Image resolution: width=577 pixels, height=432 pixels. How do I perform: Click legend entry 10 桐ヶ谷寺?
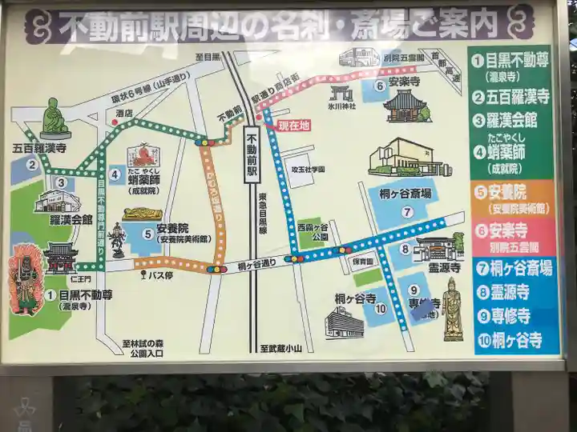(x=510, y=340)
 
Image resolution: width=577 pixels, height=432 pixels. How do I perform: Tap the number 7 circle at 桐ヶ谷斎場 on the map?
(x=407, y=212)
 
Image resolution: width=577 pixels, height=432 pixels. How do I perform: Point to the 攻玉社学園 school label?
(x=308, y=170)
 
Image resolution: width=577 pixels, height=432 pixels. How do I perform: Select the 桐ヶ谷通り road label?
(x=256, y=264)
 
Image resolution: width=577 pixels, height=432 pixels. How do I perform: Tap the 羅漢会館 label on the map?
(x=71, y=219)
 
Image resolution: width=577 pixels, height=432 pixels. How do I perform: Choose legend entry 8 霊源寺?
(x=510, y=292)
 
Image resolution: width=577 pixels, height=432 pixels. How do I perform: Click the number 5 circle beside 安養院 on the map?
(x=147, y=234)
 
